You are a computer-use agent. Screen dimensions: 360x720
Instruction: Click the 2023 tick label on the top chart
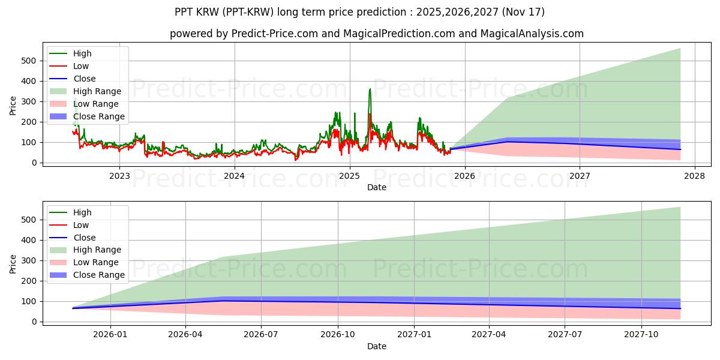(x=119, y=175)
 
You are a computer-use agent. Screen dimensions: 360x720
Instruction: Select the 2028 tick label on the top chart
(x=694, y=175)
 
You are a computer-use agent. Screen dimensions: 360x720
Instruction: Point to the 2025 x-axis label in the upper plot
(x=349, y=175)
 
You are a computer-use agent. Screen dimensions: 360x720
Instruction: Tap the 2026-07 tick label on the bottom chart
(x=262, y=334)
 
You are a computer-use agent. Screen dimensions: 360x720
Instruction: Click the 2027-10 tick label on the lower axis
(x=642, y=334)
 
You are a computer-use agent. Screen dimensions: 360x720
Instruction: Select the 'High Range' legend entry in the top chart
(x=97, y=91)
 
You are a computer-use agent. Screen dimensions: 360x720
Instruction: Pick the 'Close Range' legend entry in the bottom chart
(x=98, y=275)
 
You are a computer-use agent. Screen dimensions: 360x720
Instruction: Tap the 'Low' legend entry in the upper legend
(x=81, y=66)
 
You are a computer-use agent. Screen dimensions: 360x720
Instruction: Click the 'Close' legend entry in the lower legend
(x=84, y=238)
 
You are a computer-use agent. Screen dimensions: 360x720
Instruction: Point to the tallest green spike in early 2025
(x=370, y=89)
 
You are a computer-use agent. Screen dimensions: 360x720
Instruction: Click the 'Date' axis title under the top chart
(x=376, y=187)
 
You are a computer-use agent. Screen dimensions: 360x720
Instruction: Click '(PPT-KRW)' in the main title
(x=250, y=12)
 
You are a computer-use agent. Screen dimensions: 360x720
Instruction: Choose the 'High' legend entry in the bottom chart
(x=82, y=212)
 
